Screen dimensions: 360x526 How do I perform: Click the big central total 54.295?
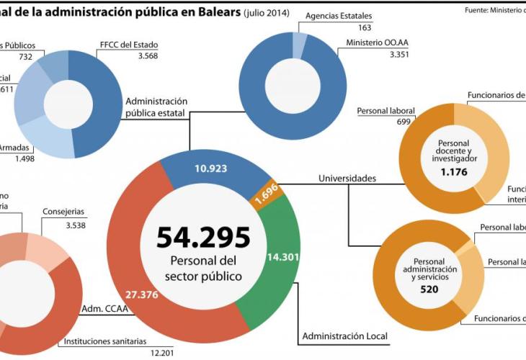tap(203, 237)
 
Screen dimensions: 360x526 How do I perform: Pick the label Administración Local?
tap(344, 336)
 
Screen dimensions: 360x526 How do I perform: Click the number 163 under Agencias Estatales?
tap(344, 27)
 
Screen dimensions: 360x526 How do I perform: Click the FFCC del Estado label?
tap(128, 45)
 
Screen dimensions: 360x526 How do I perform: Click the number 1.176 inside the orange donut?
tap(454, 174)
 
